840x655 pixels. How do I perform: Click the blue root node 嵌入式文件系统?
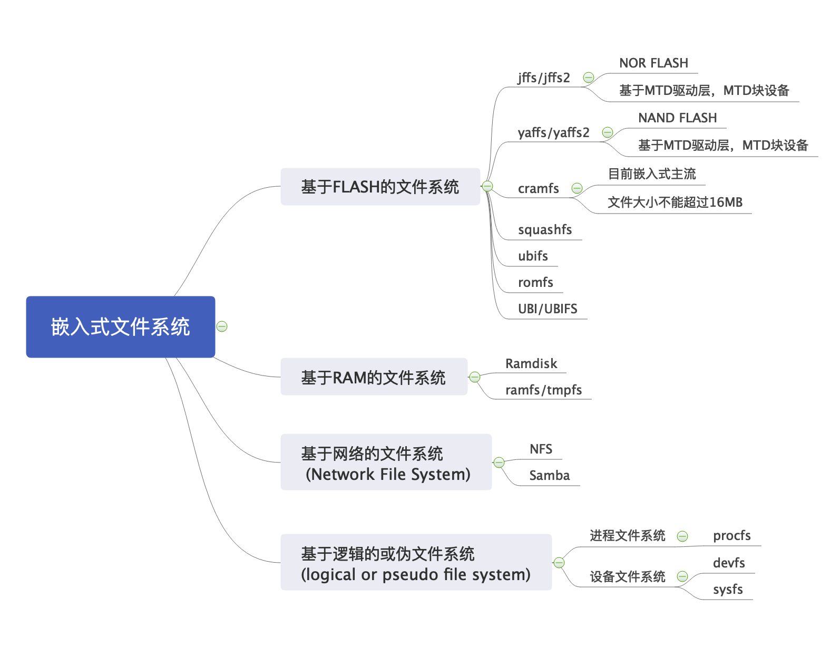(x=120, y=326)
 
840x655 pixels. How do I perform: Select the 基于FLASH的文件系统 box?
(x=380, y=187)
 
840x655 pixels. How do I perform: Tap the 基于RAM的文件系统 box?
(x=374, y=377)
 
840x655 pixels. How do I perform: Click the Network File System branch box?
(x=386, y=463)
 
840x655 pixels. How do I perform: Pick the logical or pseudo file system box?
(x=416, y=563)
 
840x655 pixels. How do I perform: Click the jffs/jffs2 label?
(x=543, y=78)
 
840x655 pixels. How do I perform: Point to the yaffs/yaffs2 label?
(x=553, y=132)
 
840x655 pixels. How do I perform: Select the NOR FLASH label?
(x=653, y=63)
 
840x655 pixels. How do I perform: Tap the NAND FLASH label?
(x=677, y=118)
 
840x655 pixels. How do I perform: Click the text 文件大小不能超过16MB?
(x=675, y=203)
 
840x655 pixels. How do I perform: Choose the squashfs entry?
(x=544, y=230)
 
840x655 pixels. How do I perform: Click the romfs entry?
(x=535, y=283)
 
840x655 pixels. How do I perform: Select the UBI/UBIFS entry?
(x=548, y=309)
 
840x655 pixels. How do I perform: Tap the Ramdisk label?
(x=531, y=364)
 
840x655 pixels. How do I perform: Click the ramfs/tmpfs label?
(x=543, y=390)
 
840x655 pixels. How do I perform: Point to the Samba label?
(x=549, y=476)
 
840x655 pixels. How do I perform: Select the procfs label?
(x=731, y=536)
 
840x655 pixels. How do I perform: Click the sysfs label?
(x=728, y=590)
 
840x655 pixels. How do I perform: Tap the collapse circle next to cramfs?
(x=577, y=188)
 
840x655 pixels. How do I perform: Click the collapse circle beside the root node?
(x=222, y=326)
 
